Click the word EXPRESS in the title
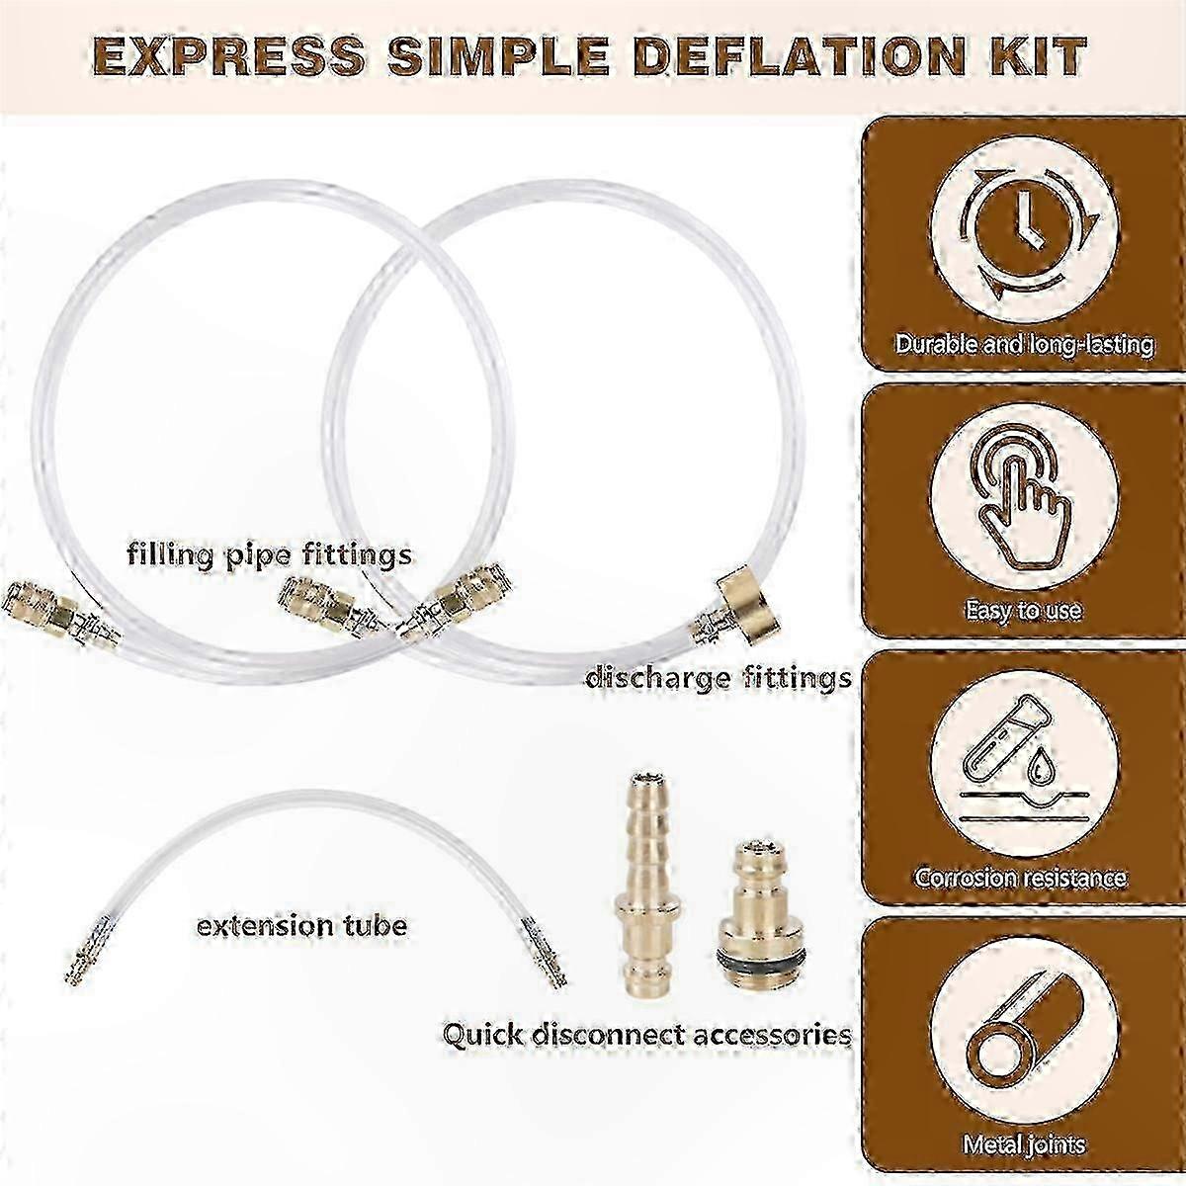pos(228,57)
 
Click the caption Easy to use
pos(1023,610)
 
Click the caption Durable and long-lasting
pos(1024,344)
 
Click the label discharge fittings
pos(719,679)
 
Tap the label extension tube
pos(301,926)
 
